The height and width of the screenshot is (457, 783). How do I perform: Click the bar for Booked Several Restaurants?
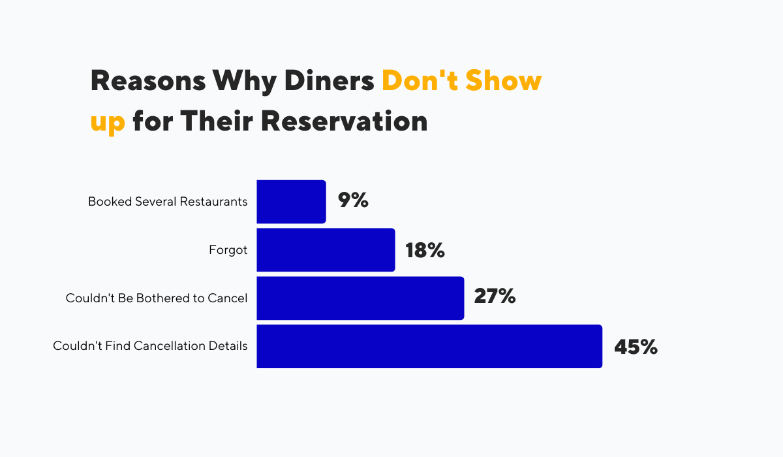tap(291, 202)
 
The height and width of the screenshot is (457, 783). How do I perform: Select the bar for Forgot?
tap(326, 250)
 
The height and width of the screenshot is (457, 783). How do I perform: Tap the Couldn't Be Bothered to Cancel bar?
tap(360, 298)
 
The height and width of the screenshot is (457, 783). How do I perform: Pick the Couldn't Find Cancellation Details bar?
tap(429, 346)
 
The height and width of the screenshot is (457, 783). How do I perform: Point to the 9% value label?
tap(353, 201)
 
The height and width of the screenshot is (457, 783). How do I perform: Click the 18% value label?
tap(425, 249)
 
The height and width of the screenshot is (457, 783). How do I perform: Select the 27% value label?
tap(495, 298)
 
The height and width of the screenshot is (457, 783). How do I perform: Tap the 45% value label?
tap(636, 347)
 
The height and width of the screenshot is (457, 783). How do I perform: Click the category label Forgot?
tap(228, 250)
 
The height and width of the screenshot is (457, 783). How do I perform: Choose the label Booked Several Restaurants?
tap(168, 202)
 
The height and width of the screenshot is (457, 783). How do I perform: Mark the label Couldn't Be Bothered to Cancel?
tap(157, 298)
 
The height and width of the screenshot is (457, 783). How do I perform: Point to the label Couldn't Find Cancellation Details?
tap(150, 346)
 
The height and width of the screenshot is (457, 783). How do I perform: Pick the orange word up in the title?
tap(108, 123)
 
